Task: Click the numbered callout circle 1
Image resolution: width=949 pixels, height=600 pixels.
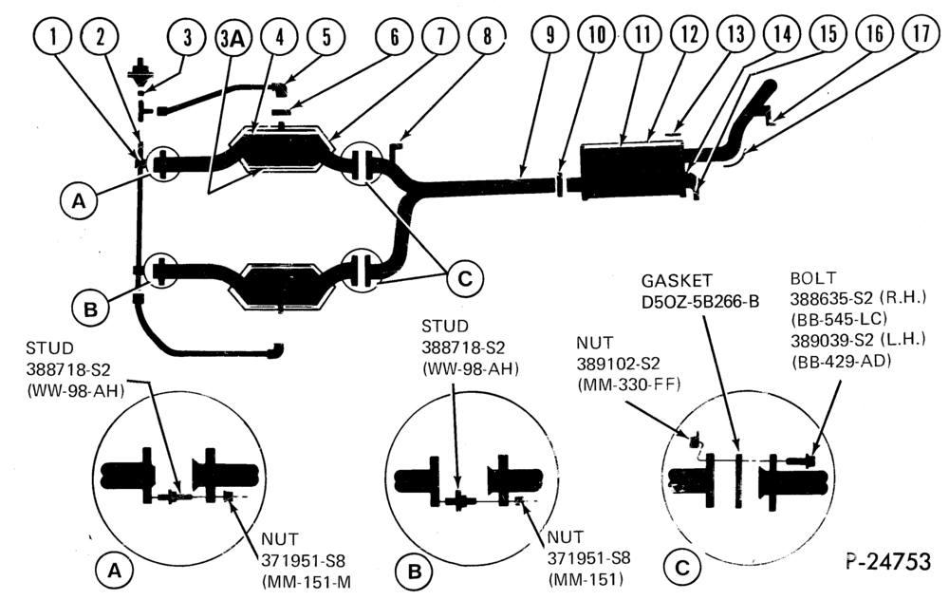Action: click(x=53, y=36)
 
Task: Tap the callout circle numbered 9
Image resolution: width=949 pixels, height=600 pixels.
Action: click(x=549, y=35)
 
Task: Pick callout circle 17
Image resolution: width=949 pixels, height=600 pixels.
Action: click(x=921, y=32)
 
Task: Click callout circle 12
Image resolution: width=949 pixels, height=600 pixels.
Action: click(x=690, y=34)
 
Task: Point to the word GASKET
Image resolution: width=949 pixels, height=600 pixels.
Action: click(x=677, y=281)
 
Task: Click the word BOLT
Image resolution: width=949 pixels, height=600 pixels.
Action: click(x=813, y=278)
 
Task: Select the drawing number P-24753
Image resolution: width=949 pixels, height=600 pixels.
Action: click(x=888, y=562)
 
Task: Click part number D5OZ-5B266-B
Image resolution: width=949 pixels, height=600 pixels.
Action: click(x=700, y=302)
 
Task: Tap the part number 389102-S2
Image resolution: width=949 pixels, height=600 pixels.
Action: click(x=618, y=364)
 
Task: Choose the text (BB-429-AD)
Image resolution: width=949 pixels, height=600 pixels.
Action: click(x=841, y=362)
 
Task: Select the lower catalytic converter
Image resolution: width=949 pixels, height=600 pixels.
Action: click(x=281, y=287)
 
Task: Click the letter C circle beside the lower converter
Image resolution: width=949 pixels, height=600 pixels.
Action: click(x=464, y=278)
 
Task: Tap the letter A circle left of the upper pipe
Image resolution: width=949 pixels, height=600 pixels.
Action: click(x=79, y=200)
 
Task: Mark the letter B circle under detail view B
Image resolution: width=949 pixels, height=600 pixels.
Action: click(x=415, y=572)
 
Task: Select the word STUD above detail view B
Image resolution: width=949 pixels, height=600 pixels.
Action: click(x=445, y=327)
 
